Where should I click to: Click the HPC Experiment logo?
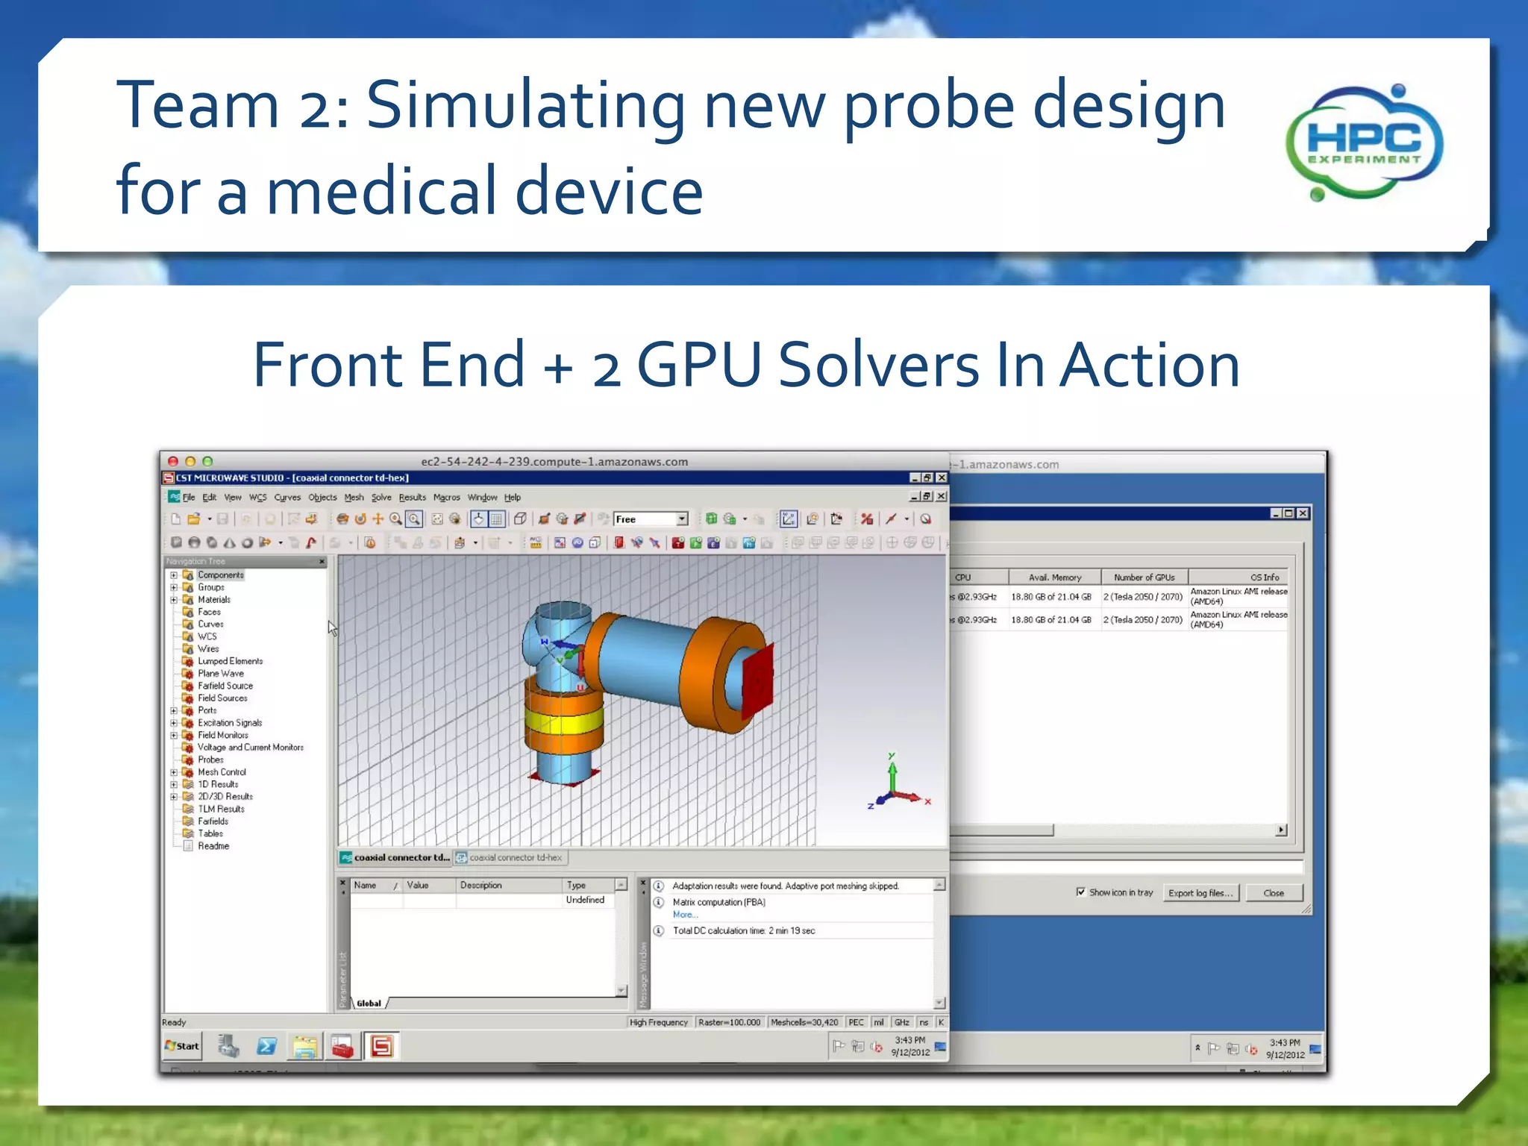1364,143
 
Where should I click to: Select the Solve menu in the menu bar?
381,498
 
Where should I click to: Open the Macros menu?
446,498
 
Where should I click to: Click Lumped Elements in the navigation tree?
230,661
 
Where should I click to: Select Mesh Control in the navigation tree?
222,772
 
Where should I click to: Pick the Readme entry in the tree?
213,846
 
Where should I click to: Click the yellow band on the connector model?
564,722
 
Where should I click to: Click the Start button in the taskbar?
182,1046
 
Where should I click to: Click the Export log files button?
1200,893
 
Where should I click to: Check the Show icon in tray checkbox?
1081,892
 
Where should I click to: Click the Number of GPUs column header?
1144,577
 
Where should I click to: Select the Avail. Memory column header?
1054,577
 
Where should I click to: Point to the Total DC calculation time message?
744,931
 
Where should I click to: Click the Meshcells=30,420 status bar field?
804,1022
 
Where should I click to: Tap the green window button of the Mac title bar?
208,462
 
